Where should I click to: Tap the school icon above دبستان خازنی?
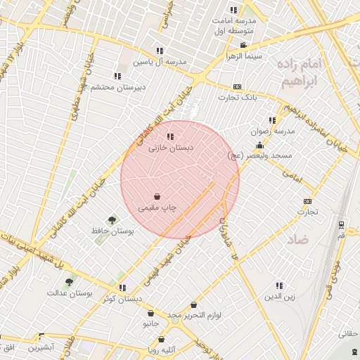coord(169,137)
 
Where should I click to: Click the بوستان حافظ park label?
coord(112,231)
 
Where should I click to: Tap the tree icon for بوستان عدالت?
coord(69,282)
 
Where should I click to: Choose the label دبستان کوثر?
coord(122,298)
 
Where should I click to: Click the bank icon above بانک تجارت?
coord(237,86)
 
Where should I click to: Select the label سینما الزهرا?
coord(243,55)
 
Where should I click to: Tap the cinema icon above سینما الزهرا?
coord(243,45)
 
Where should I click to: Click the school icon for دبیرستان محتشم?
coord(117,76)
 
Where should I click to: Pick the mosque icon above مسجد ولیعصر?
coord(259,145)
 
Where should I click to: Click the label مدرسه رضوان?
coord(270,131)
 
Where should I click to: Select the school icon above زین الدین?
coord(278,286)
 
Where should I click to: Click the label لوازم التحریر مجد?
coord(204,315)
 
